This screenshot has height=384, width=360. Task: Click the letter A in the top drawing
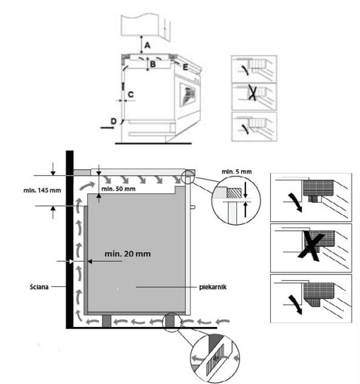(147, 45)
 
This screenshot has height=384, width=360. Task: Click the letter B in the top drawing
(153, 64)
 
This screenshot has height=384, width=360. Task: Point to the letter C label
(131, 95)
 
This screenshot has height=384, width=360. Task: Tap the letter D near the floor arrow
(113, 121)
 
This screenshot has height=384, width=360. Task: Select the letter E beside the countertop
(185, 67)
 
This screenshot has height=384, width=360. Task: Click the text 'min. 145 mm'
(42, 190)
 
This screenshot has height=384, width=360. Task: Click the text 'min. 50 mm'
(118, 189)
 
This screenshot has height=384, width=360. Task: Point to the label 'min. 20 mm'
(127, 254)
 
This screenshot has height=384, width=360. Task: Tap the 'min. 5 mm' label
(236, 172)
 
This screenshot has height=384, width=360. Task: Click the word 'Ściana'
(39, 287)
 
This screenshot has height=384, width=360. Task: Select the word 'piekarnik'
(213, 287)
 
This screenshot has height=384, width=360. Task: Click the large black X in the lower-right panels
(312, 246)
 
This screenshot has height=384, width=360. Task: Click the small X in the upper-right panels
(252, 93)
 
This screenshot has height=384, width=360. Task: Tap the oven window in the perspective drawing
(188, 95)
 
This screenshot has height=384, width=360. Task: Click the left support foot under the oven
(107, 321)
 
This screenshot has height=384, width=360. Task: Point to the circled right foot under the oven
(170, 321)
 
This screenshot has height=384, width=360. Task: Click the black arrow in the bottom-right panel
(295, 305)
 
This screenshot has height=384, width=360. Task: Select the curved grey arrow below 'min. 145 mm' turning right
(87, 186)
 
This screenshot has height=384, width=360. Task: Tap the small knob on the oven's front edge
(193, 207)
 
